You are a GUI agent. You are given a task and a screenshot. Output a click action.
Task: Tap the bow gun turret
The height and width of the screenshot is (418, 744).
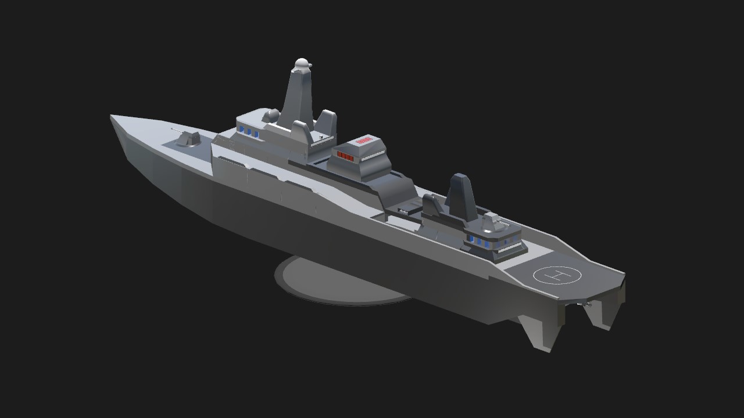[188, 139]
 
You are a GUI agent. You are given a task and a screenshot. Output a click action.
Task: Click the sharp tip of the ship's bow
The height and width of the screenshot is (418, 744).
[111, 116]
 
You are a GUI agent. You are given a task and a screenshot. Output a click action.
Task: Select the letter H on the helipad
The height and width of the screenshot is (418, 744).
[557, 275]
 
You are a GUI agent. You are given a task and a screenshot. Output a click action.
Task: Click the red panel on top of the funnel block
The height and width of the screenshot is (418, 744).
[363, 140]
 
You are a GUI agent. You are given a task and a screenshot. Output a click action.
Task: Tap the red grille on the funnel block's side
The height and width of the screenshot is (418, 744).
[345, 156]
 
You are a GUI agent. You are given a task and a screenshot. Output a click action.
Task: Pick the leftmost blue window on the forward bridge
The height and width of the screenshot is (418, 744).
[241, 129]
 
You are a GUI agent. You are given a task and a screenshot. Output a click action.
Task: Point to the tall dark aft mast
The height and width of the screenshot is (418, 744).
[462, 197]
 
